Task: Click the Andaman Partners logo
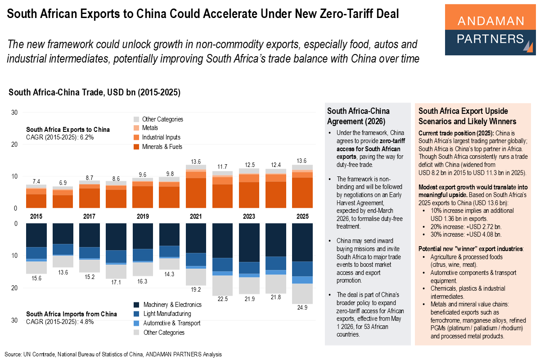point(490,30)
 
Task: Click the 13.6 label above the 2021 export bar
point(195,161)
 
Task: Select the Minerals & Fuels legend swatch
point(136,147)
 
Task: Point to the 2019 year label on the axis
point(142,216)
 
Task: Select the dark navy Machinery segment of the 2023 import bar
point(248,242)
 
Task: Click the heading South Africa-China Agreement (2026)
point(358,116)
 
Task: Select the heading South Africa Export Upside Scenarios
point(468,116)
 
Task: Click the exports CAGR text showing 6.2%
point(60,137)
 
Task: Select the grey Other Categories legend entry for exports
point(162,119)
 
